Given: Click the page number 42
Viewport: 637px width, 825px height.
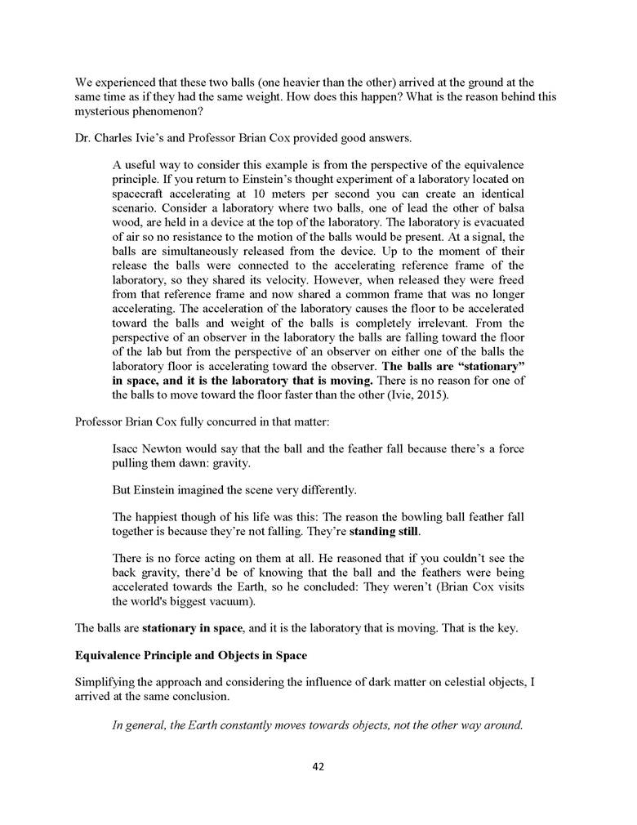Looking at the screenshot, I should pos(318,766).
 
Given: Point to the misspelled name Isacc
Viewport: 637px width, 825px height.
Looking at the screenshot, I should pos(127,448).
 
